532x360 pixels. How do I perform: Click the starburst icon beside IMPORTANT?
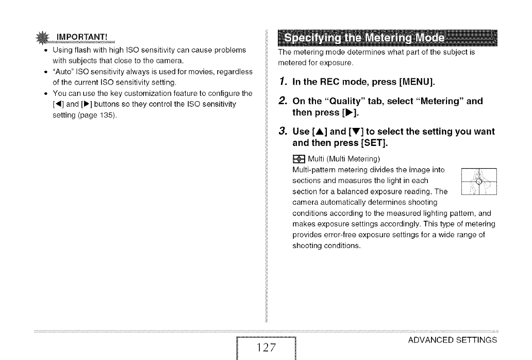(55, 37)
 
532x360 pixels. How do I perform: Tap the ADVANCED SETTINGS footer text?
(452, 340)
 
